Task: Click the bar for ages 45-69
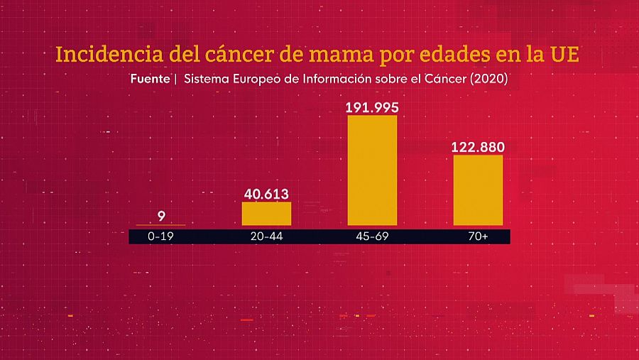tap(372, 170)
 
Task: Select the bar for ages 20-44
tap(266, 214)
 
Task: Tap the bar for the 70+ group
tap(478, 190)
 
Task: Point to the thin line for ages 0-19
tap(160, 225)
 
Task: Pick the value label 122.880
tap(478, 147)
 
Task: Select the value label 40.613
tap(266, 194)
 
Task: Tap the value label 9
tap(161, 216)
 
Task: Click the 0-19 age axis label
tap(161, 236)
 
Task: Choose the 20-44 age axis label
tap(266, 236)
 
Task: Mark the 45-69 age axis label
tap(372, 236)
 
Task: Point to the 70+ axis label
tap(478, 236)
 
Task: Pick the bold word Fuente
tap(150, 79)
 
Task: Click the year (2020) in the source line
tap(486, 79)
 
